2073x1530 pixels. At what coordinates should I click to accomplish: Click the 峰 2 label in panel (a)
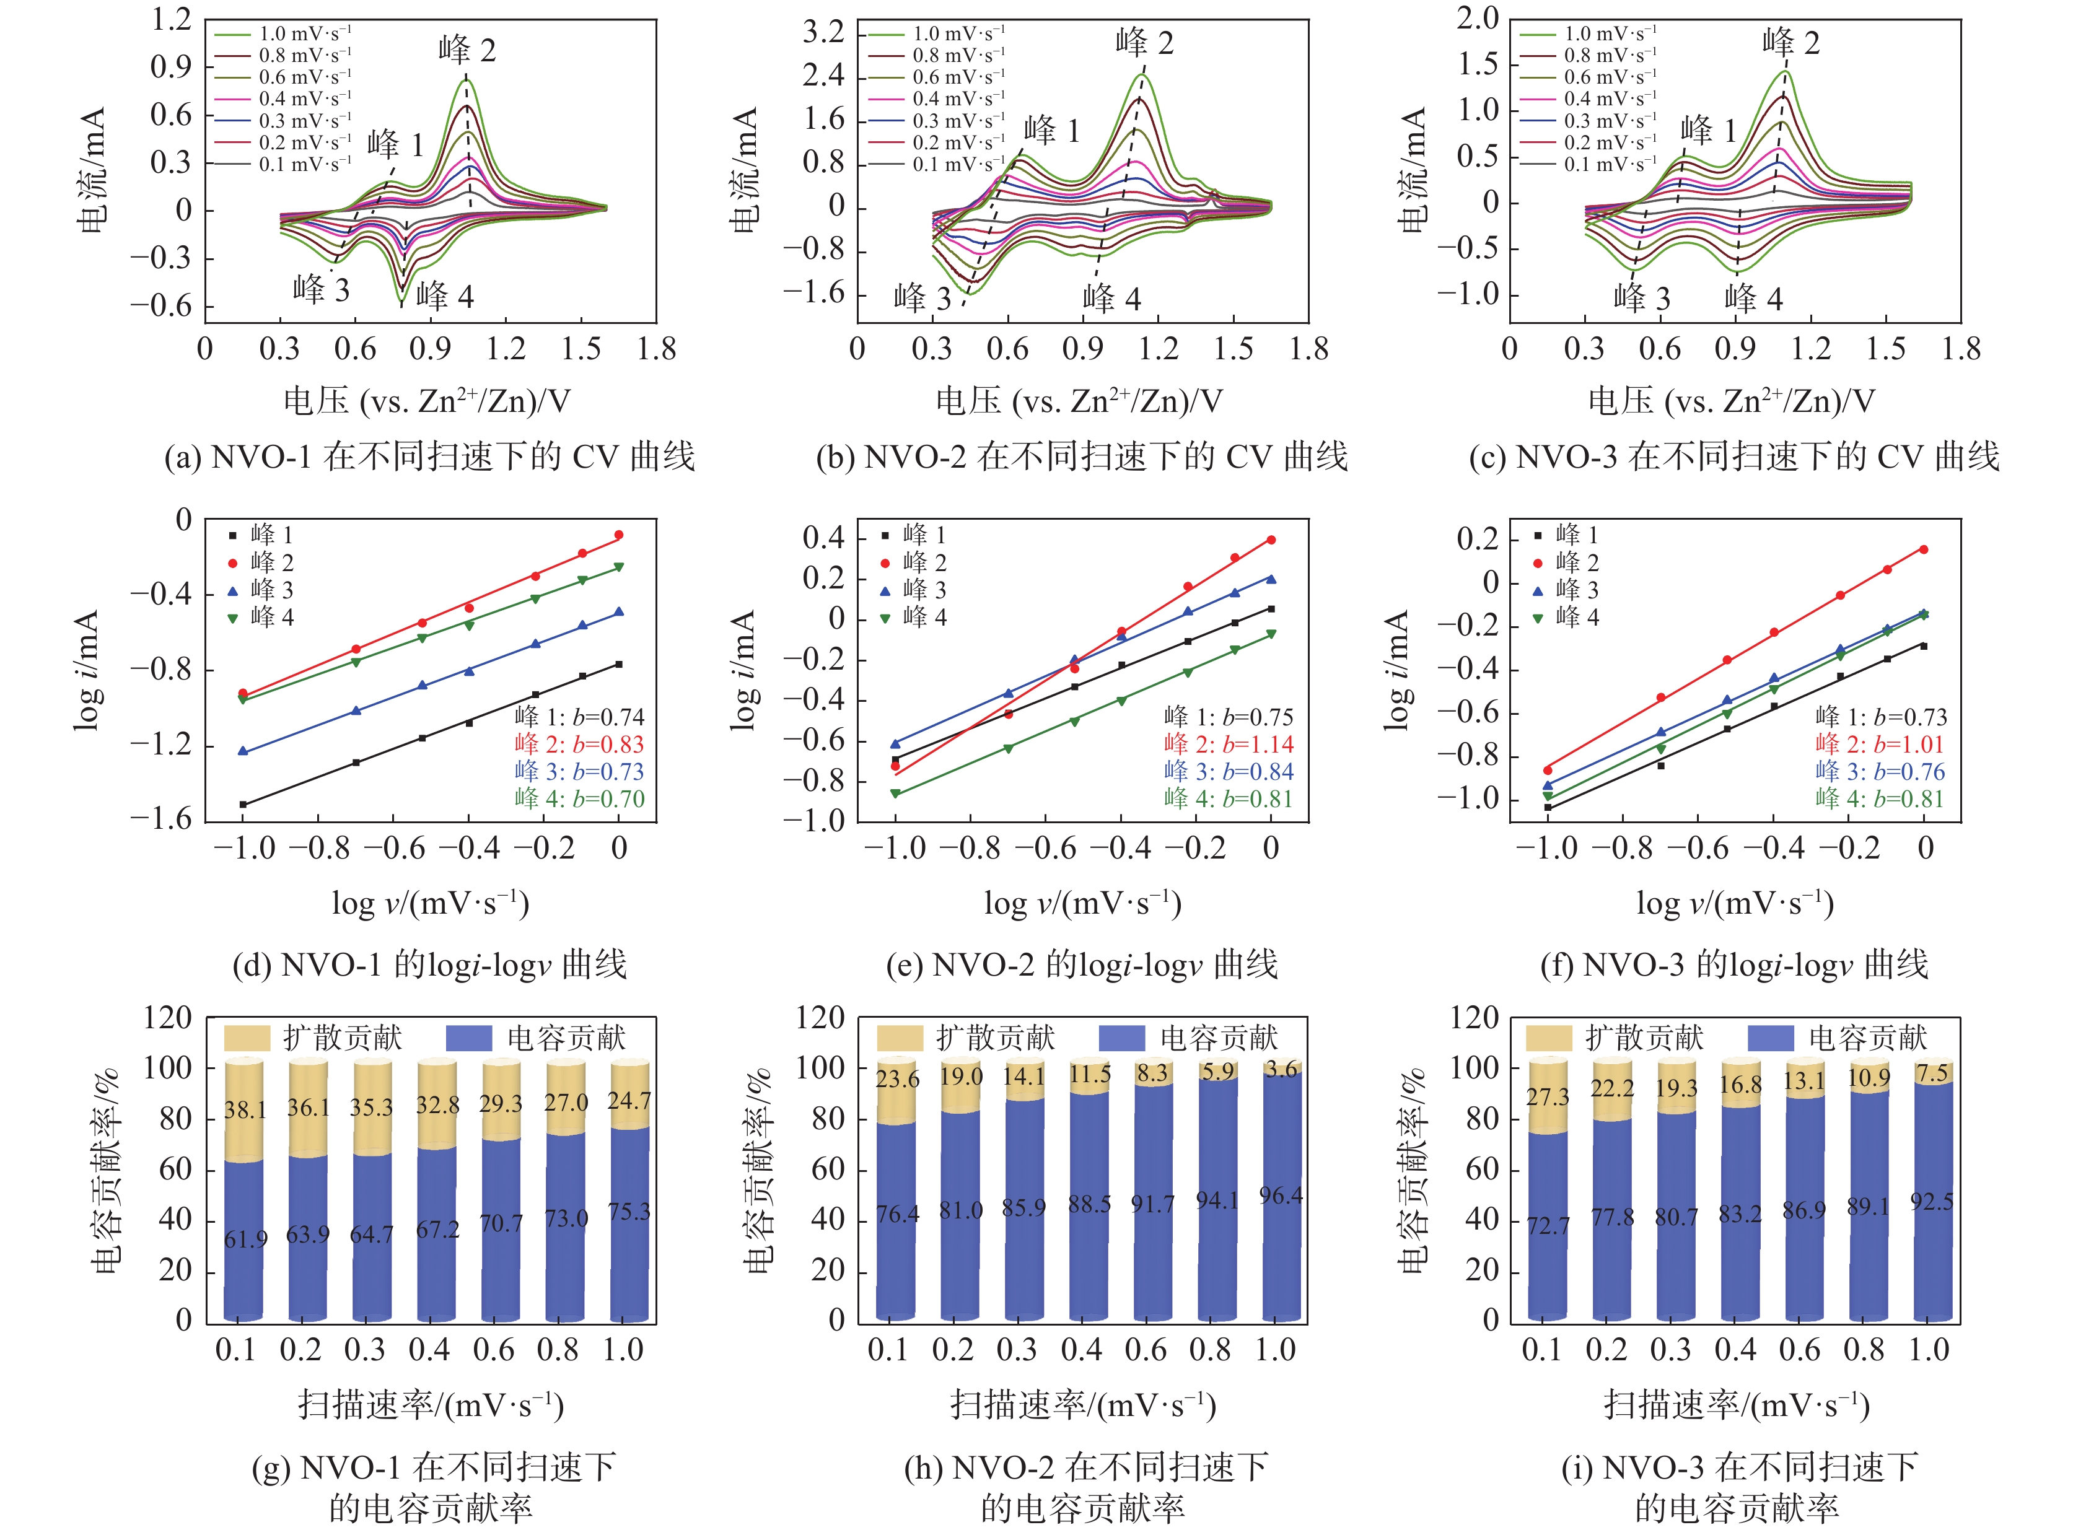coord(467,50)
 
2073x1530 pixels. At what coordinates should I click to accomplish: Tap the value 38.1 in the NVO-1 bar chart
coord(245,1109)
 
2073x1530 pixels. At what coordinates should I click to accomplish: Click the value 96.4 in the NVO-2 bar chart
coord(1281,1196)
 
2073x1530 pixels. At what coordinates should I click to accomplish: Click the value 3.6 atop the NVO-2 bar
coord(1282,1070)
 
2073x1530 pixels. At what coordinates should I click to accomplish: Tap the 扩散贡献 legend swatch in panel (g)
coord(247,1038)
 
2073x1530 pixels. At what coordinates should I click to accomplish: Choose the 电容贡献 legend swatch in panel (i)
coord(1769,1038)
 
